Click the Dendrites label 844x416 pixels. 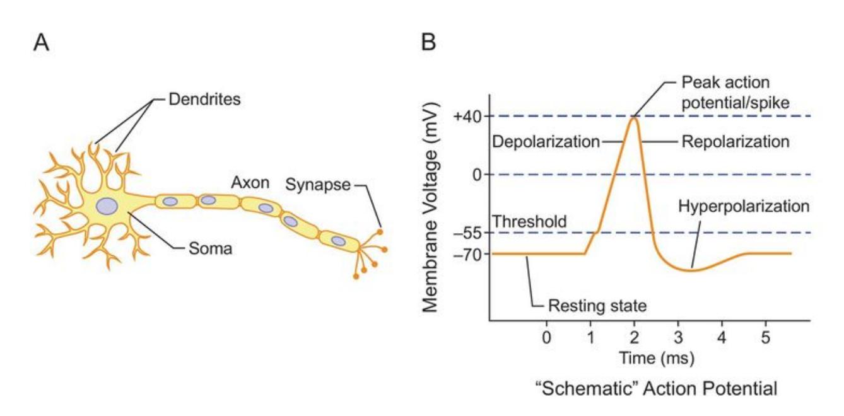(206, 100)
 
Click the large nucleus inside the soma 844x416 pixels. (108, 206)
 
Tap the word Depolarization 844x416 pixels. (545, 142)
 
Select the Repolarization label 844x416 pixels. (735, 142)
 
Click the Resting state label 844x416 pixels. (597, 307)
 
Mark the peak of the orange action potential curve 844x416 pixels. (634, 118)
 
